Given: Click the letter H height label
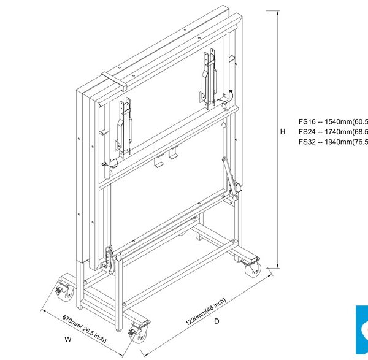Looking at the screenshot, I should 283,131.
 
